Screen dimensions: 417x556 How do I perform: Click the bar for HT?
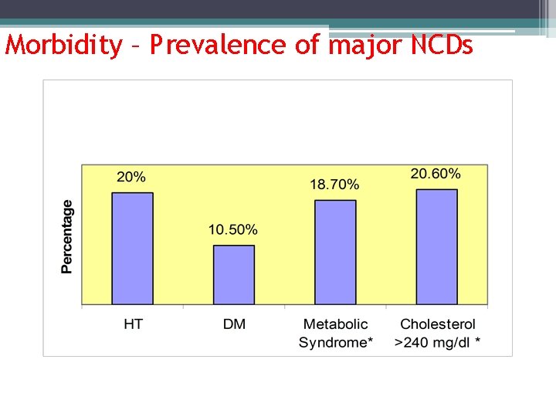point(132,248)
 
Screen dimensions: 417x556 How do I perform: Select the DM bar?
point(234,275)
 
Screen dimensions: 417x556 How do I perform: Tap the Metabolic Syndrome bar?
point(335,252)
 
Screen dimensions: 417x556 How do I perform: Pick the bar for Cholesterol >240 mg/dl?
point(436,246)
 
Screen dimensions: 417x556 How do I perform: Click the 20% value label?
point(131,177)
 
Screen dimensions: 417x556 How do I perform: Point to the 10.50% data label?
point(232,229)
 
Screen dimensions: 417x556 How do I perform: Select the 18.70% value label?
point(334,185)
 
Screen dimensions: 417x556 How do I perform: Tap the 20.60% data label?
point(436,174)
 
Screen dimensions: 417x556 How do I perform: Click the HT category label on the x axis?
point(133,324)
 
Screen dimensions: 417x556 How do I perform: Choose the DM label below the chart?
point(234,324)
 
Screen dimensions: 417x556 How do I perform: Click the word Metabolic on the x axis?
point(335,324)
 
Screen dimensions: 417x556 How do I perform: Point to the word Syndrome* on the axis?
point(335,342)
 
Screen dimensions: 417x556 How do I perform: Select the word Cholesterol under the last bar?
point(438,324)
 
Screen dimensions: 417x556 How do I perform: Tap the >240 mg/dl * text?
point(438,342)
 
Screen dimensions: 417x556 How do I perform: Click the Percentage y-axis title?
point(68,236)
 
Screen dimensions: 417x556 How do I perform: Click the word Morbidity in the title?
point(63,46)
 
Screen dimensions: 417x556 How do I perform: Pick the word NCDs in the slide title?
point(442,46)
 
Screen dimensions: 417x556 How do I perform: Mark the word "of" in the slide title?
point(307,46)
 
